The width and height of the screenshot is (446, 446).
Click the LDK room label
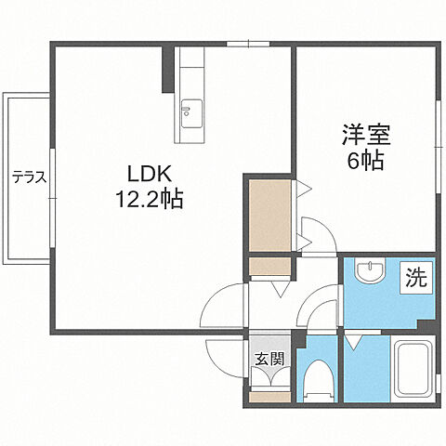(148, 173)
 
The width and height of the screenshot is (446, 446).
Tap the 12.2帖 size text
(149, 198)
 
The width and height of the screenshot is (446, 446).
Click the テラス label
(29, 176)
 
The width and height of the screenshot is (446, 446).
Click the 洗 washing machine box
(414, 277)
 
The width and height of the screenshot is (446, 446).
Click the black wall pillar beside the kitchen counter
(167, 69)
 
